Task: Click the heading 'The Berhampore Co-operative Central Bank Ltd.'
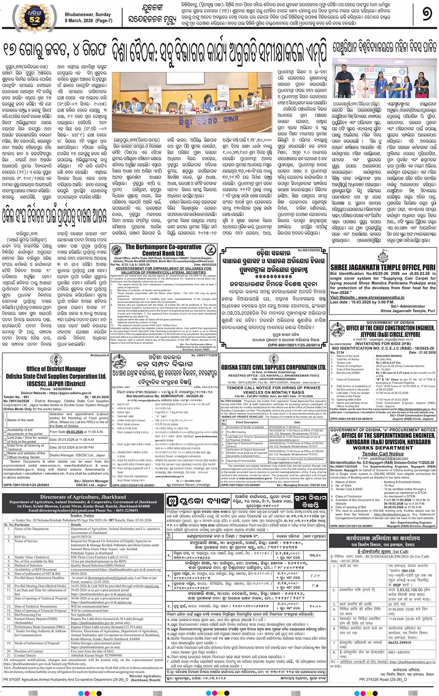pyautogui.click(x=163, y=250)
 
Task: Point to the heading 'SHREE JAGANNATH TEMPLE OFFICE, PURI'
pyautogui.click(x=382, y=268)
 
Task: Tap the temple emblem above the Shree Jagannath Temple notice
pyautogui.click(x=383, y=254)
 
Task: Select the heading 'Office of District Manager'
pyautogui.click(x=56, y=369)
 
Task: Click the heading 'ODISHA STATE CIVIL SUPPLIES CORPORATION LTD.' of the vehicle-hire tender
pyautogui.click(x=274, y=367)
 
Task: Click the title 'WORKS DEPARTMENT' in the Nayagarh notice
pyautogui.click(x=383, y=448)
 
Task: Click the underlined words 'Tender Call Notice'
pyautogui.click(x=383, y=453)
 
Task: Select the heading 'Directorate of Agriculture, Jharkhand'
pyautogui.click(x=83, y=497)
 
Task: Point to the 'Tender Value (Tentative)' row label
pyautogui.click(x=32, y=557)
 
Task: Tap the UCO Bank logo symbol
pyautogui.click(x=173, y=501)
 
